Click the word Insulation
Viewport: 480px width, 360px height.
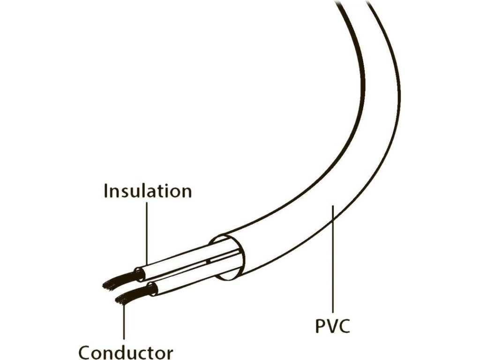tap(148, 191)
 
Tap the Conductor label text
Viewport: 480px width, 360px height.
tap(126, 352)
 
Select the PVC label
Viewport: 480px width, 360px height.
tap(332, 325)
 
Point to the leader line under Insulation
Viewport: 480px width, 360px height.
tap(147, 230)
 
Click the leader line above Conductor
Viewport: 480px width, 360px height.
tap(124, 323)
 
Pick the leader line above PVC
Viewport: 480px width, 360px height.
tap(332, 258)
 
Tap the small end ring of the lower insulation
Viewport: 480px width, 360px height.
tap(151, 290)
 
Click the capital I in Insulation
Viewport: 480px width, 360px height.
tap(106, 191)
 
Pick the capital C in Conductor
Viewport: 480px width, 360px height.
tap(86, 352)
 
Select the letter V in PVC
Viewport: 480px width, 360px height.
tap(332, 325)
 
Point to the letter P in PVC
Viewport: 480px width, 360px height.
tap(321, 325)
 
